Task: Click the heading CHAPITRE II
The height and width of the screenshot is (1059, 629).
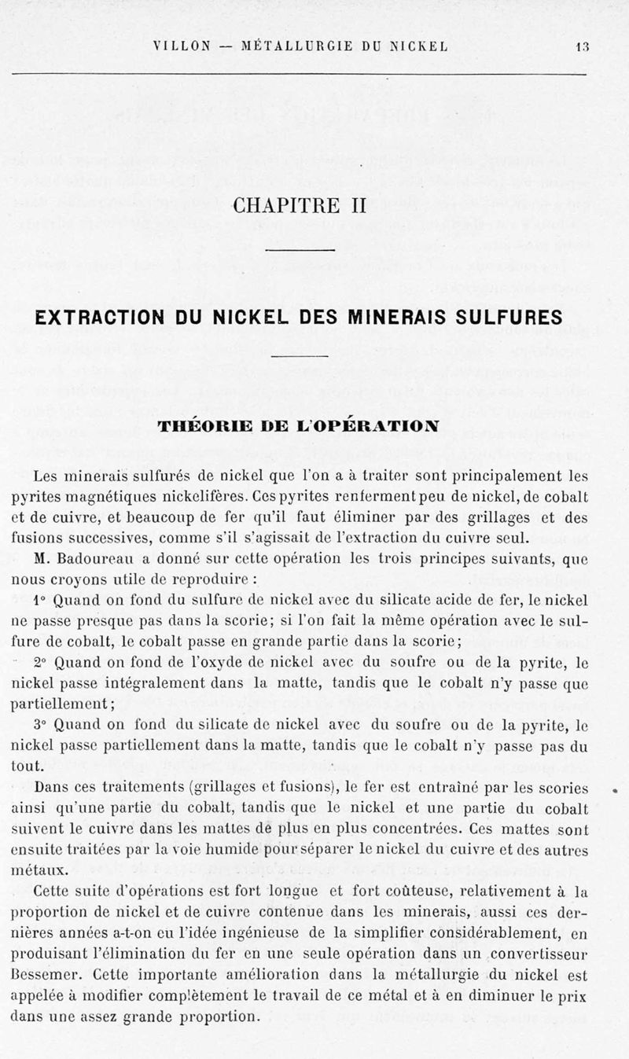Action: pos(300,207)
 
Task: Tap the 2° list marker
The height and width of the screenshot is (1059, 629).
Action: pos(39,663)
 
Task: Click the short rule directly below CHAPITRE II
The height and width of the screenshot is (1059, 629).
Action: pos(300,251)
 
